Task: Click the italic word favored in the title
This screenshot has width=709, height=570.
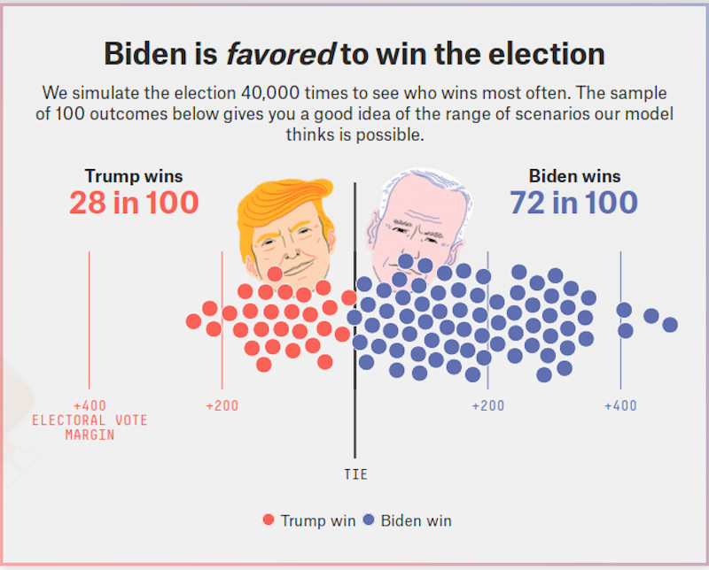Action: point(280,54)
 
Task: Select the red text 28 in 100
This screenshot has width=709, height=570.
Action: point(134,203)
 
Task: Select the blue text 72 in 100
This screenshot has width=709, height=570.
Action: point(573,203)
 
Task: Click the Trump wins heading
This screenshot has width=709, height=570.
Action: point(134,176)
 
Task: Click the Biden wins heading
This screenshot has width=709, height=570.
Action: point(574,176)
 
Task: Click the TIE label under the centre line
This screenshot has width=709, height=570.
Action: point(354,474)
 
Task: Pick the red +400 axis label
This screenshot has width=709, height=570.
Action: point(89,405)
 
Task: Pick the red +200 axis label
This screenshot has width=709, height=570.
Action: point(222,405)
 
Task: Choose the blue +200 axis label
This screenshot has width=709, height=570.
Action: point(487,405)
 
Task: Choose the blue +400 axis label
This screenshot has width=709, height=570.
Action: point(620,405)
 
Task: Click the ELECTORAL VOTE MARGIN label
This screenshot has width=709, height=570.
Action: point(90,427)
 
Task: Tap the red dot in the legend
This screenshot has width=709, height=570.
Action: point(269,520)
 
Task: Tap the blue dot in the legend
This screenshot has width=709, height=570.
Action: point(369,520)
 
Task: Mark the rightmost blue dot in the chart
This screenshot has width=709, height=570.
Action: point(670,325)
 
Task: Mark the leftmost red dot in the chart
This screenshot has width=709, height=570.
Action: point(193,321)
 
